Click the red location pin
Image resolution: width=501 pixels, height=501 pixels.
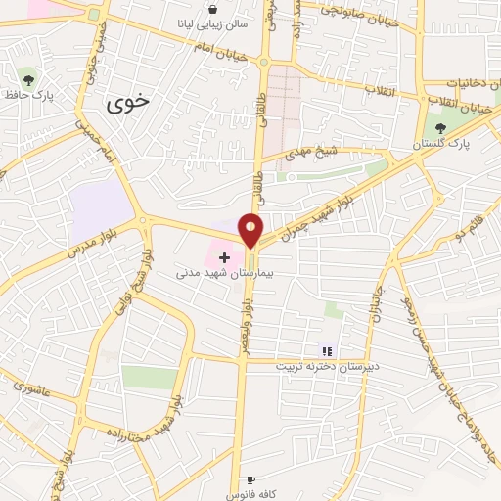pos(251,229)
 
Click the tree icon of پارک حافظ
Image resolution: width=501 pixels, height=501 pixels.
pos(27,77)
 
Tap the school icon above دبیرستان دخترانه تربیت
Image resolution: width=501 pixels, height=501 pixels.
pos(327,351)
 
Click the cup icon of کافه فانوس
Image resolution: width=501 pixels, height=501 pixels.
pos(251,481)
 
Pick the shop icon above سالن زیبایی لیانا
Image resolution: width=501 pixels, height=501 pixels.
pos(213,9)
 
